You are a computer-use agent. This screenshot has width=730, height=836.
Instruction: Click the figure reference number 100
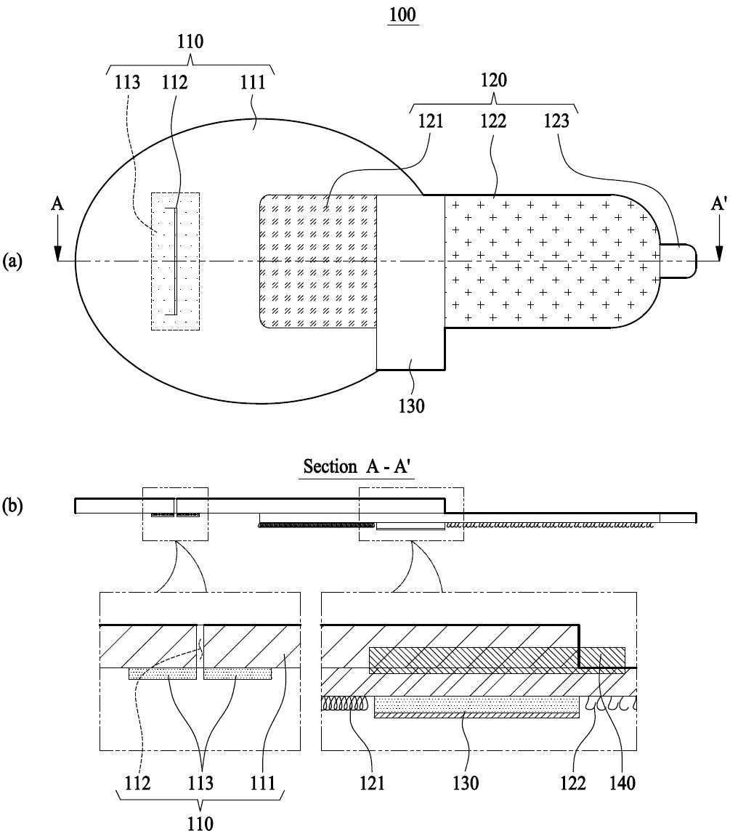click(402, 15)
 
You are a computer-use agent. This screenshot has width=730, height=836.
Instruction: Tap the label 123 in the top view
click(556, 121)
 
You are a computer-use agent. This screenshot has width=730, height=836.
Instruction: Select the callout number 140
click(622, 783)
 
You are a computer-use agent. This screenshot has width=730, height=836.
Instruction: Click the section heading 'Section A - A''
click(357, 466)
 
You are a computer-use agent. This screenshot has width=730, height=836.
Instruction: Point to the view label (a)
click(12, 261)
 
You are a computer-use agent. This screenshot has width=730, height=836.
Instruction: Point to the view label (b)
click(12, 506)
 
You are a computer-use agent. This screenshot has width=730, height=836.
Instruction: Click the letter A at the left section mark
click(57, 203)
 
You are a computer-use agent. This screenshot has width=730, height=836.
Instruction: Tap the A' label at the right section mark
click(718, 203)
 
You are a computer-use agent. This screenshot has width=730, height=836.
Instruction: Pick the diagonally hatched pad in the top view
click(318, 261)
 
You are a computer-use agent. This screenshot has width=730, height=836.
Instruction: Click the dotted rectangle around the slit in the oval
click(176, 261)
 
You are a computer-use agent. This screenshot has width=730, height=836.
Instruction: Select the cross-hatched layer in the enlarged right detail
click(497, 660)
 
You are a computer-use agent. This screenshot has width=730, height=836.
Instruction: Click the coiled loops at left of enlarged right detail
click(344, 703)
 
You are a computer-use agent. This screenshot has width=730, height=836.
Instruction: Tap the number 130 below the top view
click(412, 406)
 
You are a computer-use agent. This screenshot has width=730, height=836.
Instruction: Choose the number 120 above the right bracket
click(494, 81)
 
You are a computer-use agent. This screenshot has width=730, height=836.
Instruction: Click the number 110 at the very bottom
click(200, 824)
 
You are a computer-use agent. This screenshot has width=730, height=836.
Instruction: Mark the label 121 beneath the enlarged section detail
click(372, 783)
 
